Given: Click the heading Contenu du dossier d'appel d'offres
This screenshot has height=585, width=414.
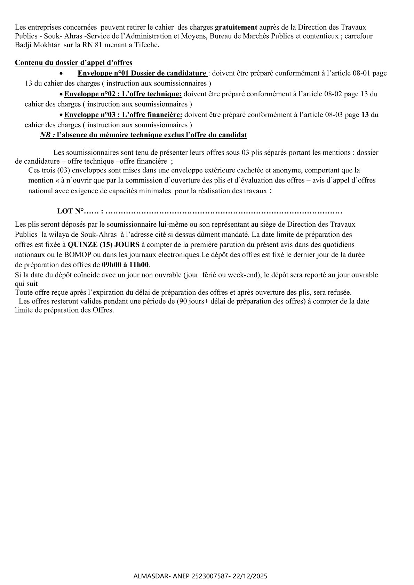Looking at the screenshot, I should [x=73, y=63].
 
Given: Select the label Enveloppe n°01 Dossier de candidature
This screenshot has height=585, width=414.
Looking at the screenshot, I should [x=142, y=73].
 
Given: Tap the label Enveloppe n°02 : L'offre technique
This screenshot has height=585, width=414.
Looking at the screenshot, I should [x=123, y=94].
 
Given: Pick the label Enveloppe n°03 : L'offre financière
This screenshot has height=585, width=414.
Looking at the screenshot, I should [x=124, y=115].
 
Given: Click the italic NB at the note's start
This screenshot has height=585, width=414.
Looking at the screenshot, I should [x=47, y=135].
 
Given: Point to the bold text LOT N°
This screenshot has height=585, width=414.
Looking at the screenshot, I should [x=71, y=211].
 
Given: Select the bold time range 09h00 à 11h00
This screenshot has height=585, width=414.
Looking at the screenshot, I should [x=125, y=265].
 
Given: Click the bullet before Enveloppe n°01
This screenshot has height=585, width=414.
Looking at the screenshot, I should [x=61, y=74].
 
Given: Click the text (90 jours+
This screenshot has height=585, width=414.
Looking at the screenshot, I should [x=192, y=301].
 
